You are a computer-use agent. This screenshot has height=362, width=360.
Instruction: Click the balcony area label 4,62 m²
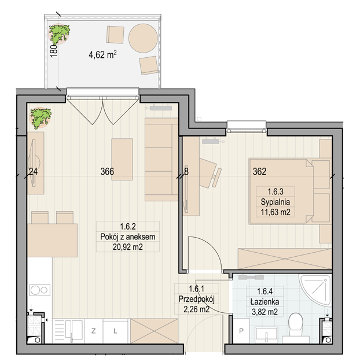coord(102,55)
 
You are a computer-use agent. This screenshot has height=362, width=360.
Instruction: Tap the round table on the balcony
coord(143,38)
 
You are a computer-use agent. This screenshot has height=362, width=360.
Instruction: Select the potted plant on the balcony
coord(60,34)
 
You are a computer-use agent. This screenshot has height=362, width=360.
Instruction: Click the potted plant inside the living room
coord(41,118)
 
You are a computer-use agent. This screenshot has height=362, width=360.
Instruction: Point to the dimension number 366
coord(107,172)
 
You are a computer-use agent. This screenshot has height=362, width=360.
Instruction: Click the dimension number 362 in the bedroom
coord(259,172)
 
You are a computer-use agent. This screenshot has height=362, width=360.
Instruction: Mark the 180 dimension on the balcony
coord(54,51)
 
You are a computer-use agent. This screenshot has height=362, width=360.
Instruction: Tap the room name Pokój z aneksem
coord(128,237)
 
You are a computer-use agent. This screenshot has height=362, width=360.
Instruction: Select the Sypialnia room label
coord(275,202)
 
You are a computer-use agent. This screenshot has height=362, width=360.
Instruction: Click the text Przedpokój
coord(197,299)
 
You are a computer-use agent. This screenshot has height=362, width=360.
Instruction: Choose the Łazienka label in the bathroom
coord(265,301)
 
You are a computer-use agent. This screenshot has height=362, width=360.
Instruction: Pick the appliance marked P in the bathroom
coord(241,331)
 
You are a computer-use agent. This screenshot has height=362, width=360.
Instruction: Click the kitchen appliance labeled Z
coord(93,331)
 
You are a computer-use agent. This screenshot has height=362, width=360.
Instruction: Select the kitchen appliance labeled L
coord(115,331)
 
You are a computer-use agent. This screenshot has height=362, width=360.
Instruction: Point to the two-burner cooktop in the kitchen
coord(40,290)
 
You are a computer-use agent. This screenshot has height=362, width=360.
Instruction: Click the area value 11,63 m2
coord(275,212)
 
